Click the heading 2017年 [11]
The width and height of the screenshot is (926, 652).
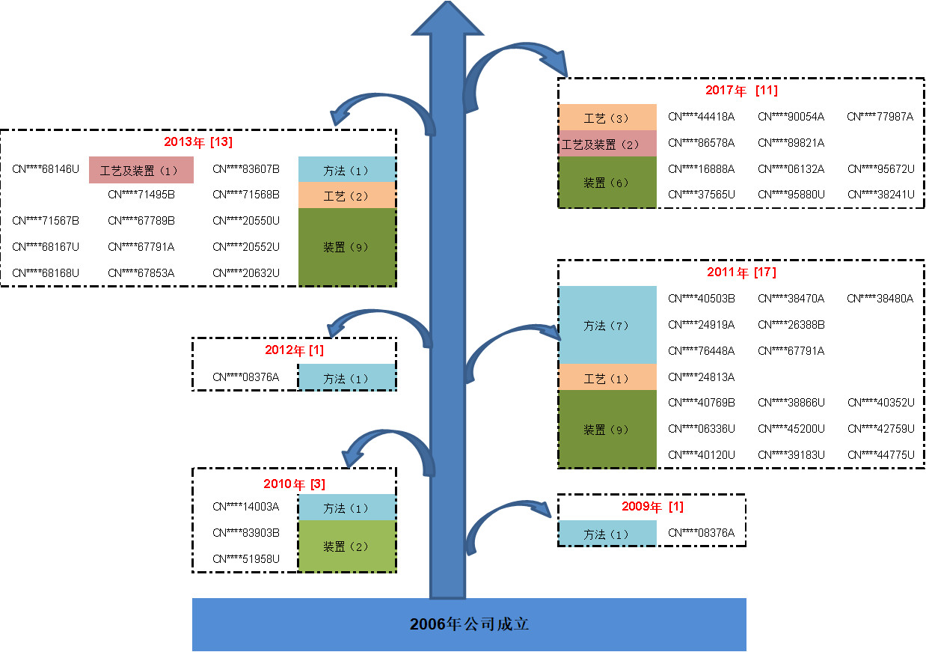pyautogui.click(x=741, y=91)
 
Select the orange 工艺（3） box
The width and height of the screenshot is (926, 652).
pyautogui.click(x=607, y=118)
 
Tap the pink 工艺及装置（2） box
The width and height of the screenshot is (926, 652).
pyautogui.click(x=607, y=144)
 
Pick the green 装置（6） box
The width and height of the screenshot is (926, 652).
pyautogui.click(x=607, y=182)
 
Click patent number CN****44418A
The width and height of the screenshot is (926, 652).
pyautogui.click(x=701, y=117)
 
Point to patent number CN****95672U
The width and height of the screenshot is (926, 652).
pyautogui.click(x=880, y=169)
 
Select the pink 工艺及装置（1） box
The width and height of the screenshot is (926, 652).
pyautogui.click(x=141, y=170)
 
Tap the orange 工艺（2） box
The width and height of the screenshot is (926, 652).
pyautogui.click(x=346, y=195)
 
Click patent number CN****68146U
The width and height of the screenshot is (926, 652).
pyautogui.click(x=46, y=169)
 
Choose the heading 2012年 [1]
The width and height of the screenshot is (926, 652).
pyautogui.click(x=294, y=350)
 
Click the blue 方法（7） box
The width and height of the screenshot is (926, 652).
pyautogui.click(x=607, y=325)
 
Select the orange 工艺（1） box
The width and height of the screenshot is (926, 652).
pyautogui.click(x=607, y=377)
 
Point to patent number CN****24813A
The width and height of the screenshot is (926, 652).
pyautogui.click(x=701, y=377)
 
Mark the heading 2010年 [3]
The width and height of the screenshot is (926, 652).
pyautogui.click(x=294, y=484)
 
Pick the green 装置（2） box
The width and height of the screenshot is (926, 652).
pyautogui.click(x=346, y=546)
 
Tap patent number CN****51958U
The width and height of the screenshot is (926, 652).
pyautogui.click(x=246, y=559)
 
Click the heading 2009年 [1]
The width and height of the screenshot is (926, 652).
pyautogui.click(x=652, y=507)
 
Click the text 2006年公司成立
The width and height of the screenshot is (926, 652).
pyautogui.click(x=469, y=624)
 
